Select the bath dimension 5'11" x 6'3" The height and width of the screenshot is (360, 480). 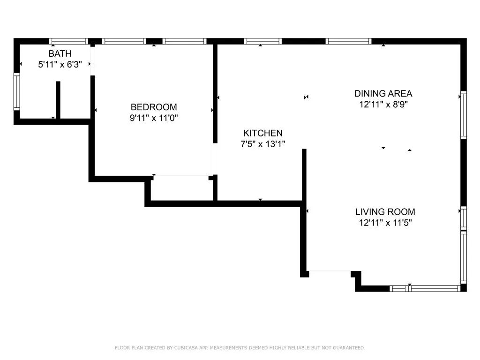coord(60,65)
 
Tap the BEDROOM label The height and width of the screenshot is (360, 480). coord(154,107)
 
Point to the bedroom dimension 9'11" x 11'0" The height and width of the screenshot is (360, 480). coord(154,118)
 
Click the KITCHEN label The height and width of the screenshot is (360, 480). coord(262,133)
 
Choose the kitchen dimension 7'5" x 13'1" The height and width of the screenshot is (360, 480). coord(262,144)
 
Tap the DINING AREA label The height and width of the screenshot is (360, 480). coord(383,93)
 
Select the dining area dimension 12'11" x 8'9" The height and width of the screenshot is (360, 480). coord(383,105)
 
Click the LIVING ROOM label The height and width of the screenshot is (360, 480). coord(385,212)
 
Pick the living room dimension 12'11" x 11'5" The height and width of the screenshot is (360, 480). coord(385,223)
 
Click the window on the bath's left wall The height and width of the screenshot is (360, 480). coord(16,92)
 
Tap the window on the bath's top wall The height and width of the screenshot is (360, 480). coord(69,41)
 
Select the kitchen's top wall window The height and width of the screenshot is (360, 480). coord(263,41)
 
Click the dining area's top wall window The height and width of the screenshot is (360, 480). coord(349,41)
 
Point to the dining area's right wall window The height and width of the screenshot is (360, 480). coord(464,115)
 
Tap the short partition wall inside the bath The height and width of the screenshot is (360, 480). coord(58,100)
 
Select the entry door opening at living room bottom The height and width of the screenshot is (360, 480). coord(330,271)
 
